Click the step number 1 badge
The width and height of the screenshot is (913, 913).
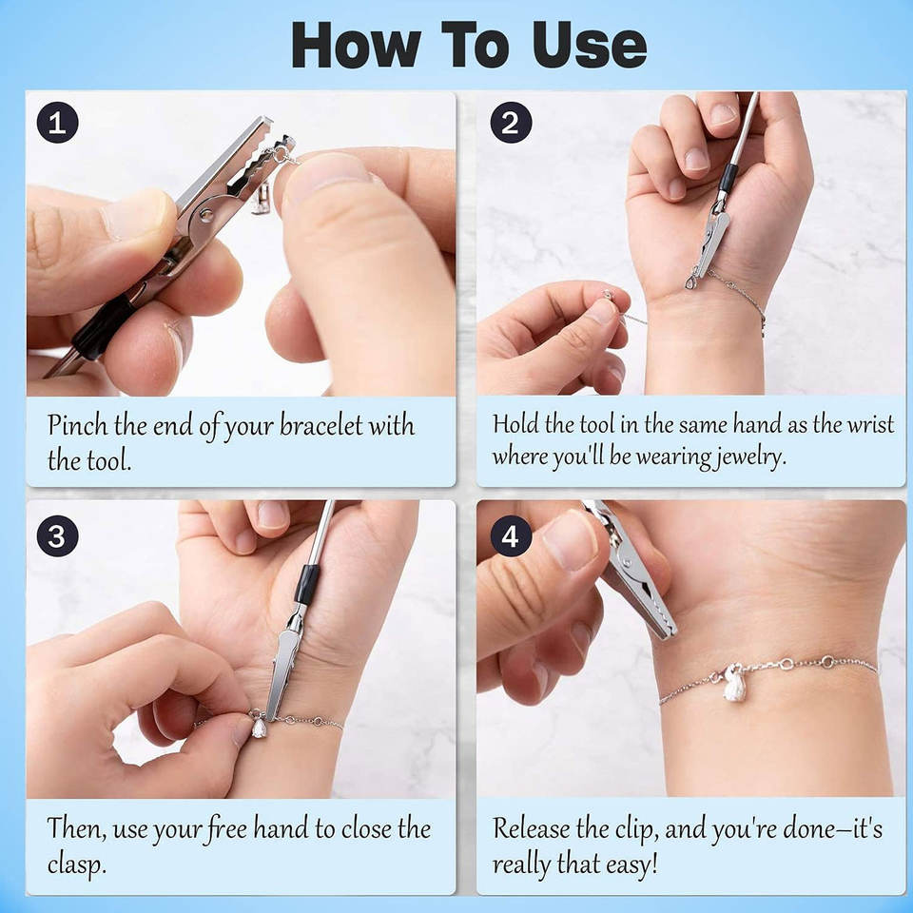58,123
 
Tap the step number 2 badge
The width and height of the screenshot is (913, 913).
511,123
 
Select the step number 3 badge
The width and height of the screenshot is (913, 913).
58,535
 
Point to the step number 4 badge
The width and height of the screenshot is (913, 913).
511,535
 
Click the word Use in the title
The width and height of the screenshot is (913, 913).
590,46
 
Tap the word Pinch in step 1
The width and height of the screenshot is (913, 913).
77,426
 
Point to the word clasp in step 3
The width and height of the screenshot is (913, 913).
76,864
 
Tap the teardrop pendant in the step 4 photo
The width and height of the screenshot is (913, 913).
735,686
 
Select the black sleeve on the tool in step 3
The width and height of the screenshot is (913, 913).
306,584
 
